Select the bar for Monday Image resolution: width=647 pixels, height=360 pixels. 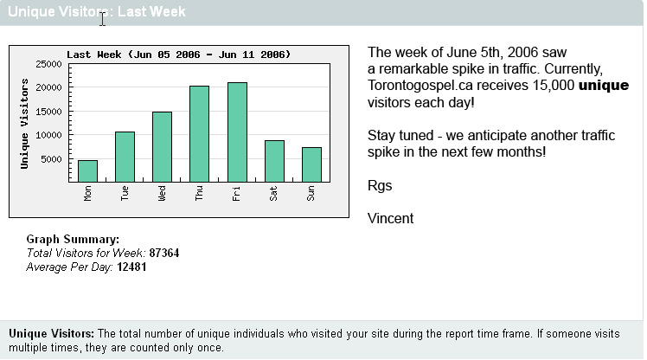pyautogui.click(x=88, y=171)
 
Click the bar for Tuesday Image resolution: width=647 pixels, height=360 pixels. pyautogui.click(x=125, y=157)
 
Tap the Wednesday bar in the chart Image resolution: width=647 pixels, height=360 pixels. pyautogui.click(x=162, y=146)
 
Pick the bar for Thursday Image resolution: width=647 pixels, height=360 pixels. pyautogui.click(x=199, y=134)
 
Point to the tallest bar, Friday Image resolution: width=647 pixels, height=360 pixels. pyautogui.click(x=237, y=132)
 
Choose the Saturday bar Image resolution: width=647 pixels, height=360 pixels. pyautogui.click(x=274, y=161)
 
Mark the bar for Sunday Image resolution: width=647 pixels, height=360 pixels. pyautogui.click(x=311, y=164)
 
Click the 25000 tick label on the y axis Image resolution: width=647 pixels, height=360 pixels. pyautogui.click(x=48, y=64)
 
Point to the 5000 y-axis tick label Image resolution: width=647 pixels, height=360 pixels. pyautogui.click(x=51, y=159)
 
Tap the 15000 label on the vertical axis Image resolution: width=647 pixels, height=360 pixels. pyautogui.click(x=48, y=112)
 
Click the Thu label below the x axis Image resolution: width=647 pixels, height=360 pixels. pyautogui.click(x=199, y=193)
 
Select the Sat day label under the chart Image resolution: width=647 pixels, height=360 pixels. pyautogui.click(x=273, y=193)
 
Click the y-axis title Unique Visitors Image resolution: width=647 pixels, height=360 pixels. pyautogui.click(x=24, y=124)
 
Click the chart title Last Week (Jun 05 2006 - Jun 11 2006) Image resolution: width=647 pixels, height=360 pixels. pyautogui.click(x=179, y=55)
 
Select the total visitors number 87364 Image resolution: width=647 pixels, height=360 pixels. pyautogui.click(x=164, y=253)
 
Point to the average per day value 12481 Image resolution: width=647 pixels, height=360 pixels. pyautogui.click(x=131, y=267)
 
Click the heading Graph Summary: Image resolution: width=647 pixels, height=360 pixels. pyautogui.click(x=73, y=239)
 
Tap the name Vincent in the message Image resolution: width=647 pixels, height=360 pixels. pyautogui.click(x=390, y=218)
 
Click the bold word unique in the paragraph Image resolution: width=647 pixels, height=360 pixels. pyautogui.click(x=604, y=86)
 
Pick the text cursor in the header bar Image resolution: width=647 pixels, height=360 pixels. pyautogui.click(x=102, y=18)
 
